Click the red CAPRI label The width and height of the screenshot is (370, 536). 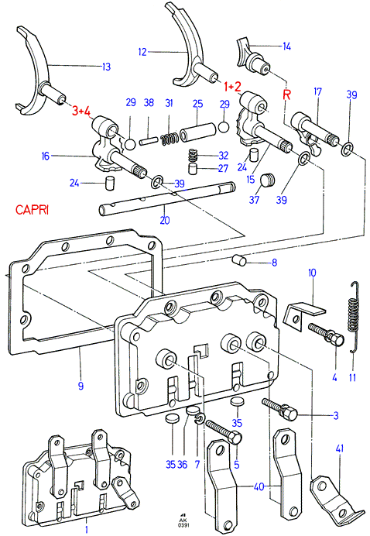pos(32,210)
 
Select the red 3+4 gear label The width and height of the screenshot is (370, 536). pos(81,111)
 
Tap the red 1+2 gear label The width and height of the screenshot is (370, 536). pos(233,87)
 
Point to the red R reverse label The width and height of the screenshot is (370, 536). pos(286,94)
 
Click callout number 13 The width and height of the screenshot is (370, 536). pos(107,67)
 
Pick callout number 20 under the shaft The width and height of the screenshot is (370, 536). pos(165,220)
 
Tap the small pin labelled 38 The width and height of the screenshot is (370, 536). pos(149,140)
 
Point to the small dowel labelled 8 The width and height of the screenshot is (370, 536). pos(240,259)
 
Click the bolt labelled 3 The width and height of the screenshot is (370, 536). pos(280,407)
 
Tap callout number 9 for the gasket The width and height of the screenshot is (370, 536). pos(81,386)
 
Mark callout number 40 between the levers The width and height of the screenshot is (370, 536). pos(259,486)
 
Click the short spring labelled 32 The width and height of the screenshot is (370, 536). pos(194,156)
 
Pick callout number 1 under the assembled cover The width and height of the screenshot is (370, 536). pos(87,530)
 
